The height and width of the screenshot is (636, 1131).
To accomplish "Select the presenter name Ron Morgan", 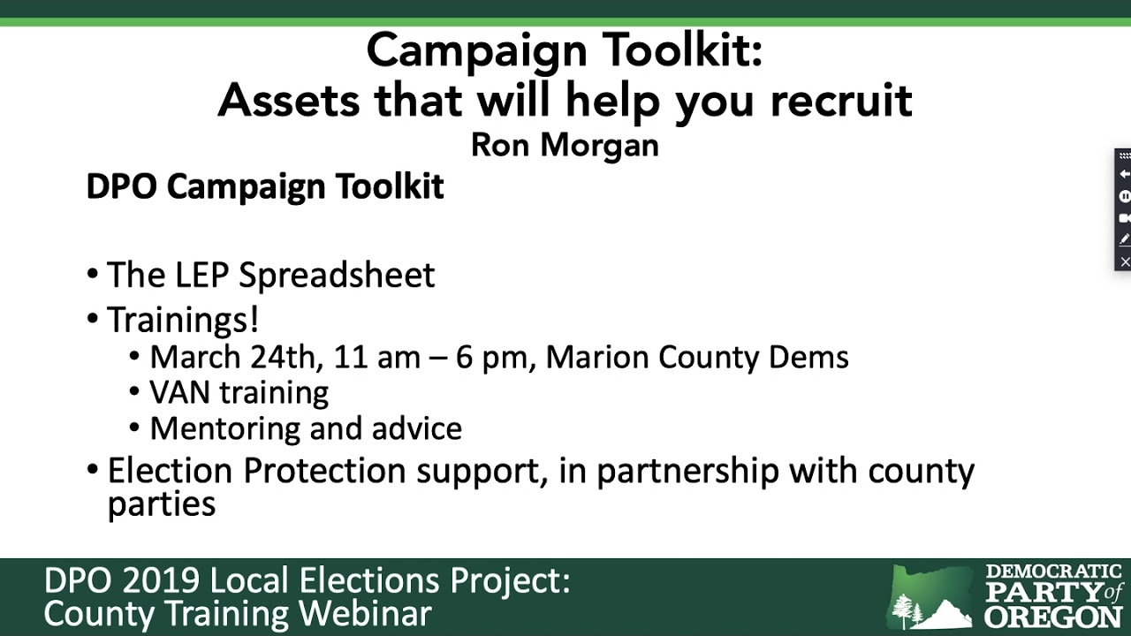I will (x=565, y=144).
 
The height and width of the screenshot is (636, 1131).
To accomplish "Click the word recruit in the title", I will (x=841, y=100).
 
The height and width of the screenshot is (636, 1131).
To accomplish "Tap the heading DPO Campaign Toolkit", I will (x=264, y=187).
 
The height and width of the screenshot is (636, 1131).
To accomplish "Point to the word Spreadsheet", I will (x=337, y=275).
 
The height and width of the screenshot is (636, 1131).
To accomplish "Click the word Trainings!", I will (x=183, y=319).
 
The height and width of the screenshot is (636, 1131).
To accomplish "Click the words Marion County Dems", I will (x=697, y=357).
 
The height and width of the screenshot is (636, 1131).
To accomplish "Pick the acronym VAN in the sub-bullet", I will (x=179, y=392).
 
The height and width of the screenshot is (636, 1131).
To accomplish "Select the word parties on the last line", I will (x=162, y=503).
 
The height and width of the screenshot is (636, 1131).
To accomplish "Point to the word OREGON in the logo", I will (x=1053, y=616).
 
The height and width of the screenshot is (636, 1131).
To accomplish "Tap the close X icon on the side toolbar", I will (x=1125, y=261).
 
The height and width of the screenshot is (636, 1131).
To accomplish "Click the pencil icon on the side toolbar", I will (x=1125, y=239).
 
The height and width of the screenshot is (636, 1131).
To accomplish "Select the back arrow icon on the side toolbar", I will (x=1125, y=175).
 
